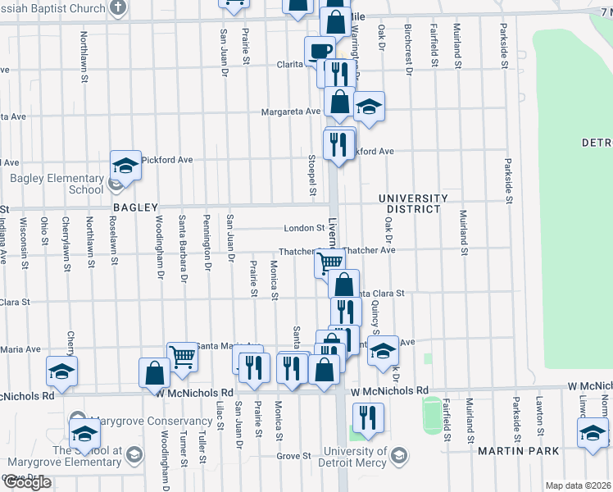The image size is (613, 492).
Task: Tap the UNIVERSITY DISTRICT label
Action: (x=413, y=203)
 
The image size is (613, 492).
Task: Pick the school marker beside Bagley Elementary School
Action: (x=126, y=166)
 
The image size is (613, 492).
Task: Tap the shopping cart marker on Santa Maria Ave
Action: (x=182, y=357)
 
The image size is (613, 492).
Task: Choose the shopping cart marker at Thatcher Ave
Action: (x=329, y=263)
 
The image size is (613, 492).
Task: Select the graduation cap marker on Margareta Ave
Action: (x=370, y=107)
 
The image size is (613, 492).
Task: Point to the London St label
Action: (x=304, y=229)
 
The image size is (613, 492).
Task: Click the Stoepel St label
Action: (x=312, y=175)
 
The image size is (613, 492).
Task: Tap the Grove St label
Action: (x=294, y=456)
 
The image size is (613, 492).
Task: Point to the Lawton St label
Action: (x=540, y=417)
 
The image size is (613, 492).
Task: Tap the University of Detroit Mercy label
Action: (x=355, y=456)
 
